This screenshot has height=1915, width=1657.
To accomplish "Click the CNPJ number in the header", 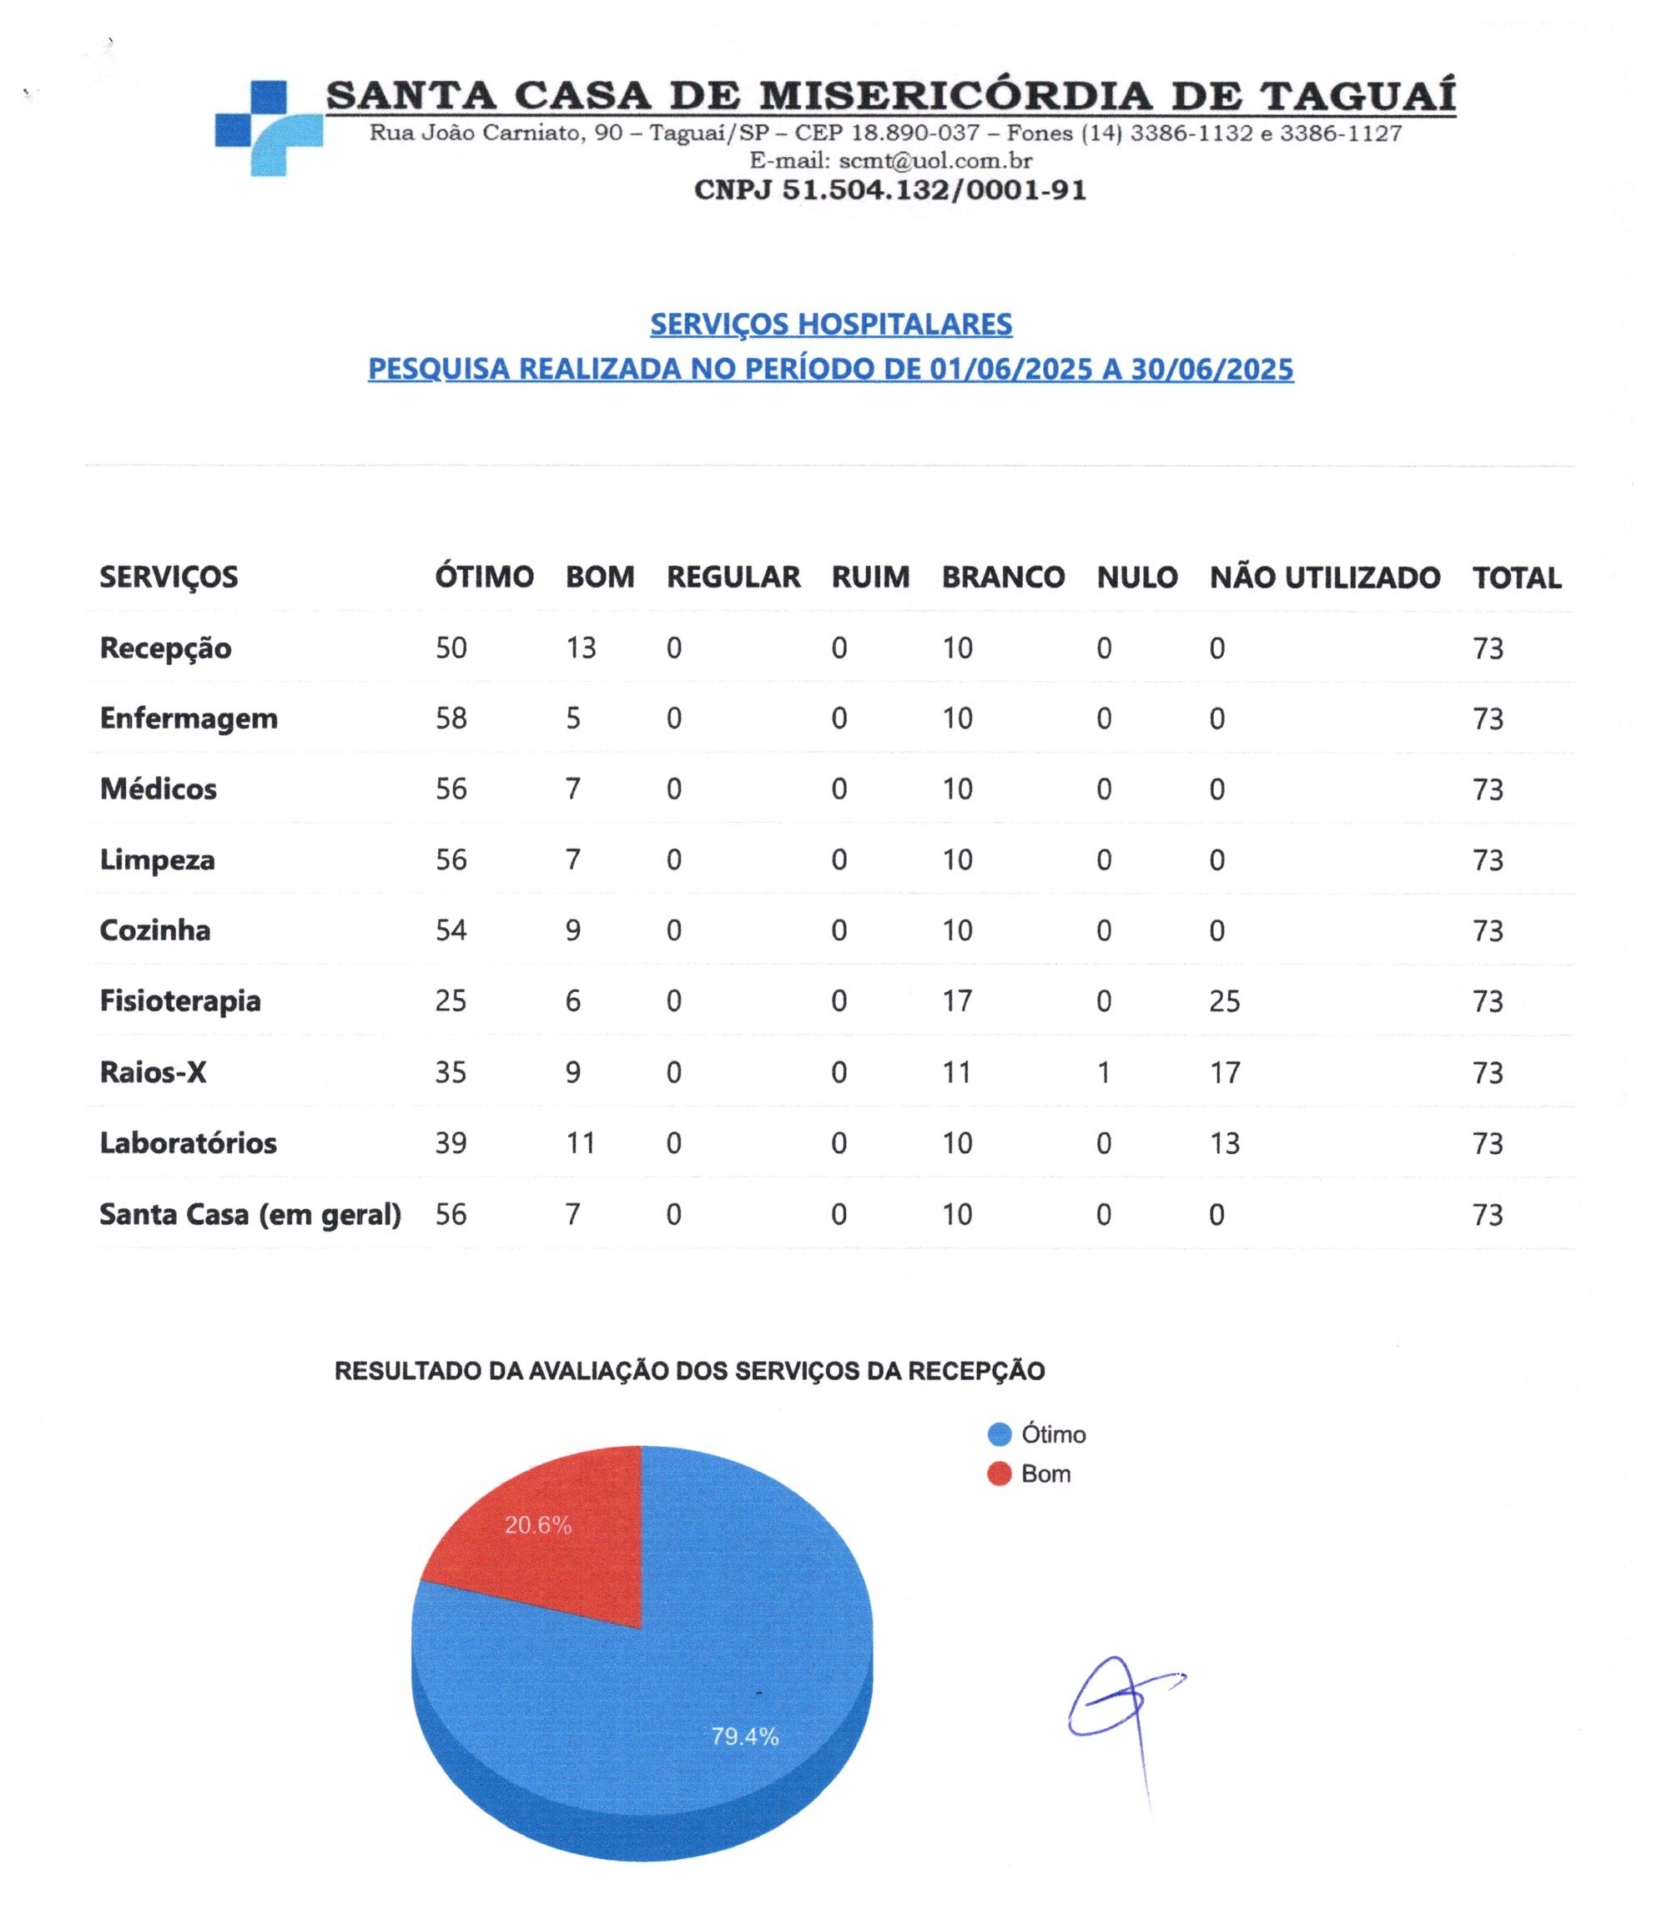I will (x=889, y=189).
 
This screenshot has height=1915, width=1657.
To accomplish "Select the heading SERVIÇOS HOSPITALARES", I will (x=830, y=324).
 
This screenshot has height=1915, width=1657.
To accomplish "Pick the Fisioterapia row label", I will (x=180, y=1000).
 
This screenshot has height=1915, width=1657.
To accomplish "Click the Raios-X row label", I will (x=154, y=1071).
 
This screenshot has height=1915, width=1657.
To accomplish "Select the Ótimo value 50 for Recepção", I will (x=451, y=648).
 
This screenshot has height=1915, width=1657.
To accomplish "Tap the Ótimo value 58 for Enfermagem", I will (x=451, y=718).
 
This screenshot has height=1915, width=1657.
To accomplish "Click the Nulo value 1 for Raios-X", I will (x=1103, y=1071).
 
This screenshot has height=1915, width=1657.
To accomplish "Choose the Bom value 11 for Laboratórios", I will (x=581, y=1143).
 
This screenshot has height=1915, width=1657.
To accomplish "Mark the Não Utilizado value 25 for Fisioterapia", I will (x=1224, y=1000).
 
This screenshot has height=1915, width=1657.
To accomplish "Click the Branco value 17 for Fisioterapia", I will (x=957, y=1000).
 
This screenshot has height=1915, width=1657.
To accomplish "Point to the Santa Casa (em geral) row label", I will (x=250, y=1213).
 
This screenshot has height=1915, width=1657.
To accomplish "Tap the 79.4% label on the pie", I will (x=744, y=1736).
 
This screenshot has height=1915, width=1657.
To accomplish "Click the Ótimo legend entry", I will (x=1052, y=1434).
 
